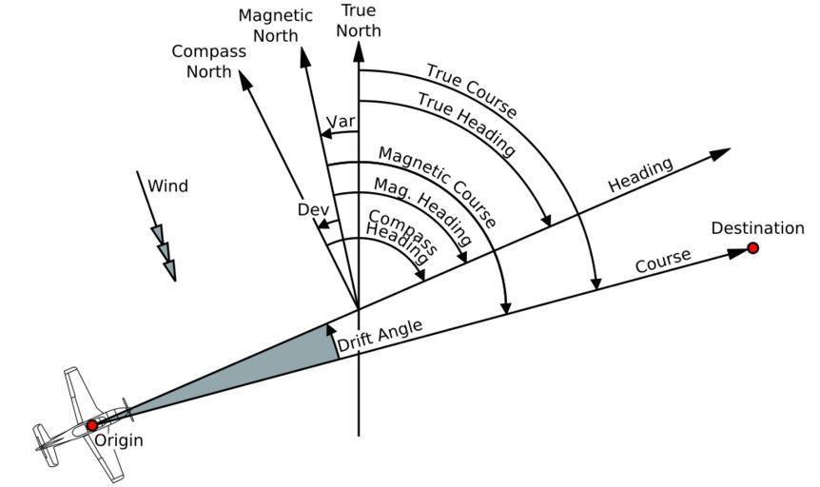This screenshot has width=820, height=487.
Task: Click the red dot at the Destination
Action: pyautogui.click(x=752, y=248)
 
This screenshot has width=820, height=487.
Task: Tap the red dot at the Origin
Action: pyautogui.click(x=92, y=425)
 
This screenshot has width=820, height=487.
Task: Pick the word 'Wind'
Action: pyautogui.click(x=167, y=186)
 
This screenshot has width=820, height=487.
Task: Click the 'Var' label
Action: pyautogui.click(x=340, y=123)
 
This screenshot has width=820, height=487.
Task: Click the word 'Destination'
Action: pyautogui.click(x=757, y=228)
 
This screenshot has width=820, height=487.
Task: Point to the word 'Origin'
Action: pyautogui.click(x=118, y=440)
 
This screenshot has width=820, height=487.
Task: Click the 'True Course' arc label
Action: pyautogui.click(x=471, y=91)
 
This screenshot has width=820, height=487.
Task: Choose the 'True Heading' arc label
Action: pyautogui.click(x=466, y=124)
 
